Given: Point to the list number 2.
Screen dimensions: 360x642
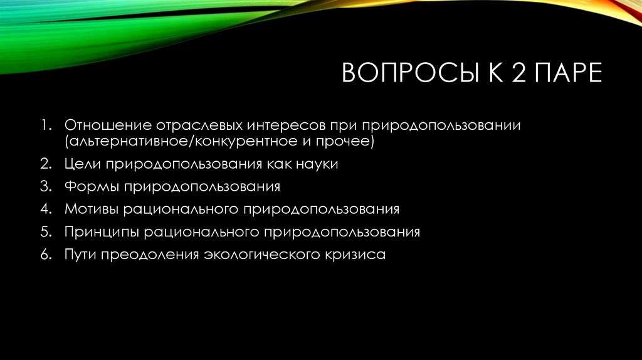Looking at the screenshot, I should tap(47, 165).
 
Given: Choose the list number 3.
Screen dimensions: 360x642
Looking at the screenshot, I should tap(47, 188).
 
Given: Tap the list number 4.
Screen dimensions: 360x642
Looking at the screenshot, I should tap(47, 209).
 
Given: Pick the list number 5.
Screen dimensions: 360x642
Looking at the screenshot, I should tap(47, 232).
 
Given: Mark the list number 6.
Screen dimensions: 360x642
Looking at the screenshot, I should tap(47, 255).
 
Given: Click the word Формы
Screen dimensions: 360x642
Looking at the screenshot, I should tap(90, 188).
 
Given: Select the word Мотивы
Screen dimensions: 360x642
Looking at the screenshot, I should tap(92, 209).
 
